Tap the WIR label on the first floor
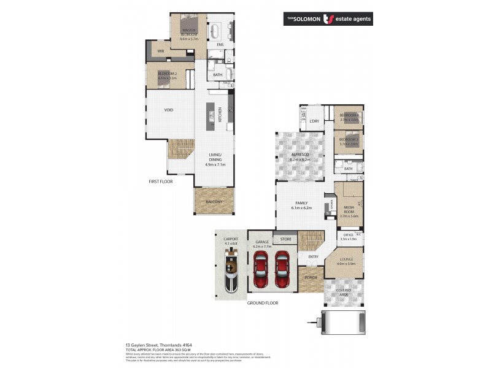[160, 52]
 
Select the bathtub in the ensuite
[216, 31]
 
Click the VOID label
[168, 110]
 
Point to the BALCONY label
[214, 202]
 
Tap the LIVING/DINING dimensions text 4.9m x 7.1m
[215, 164]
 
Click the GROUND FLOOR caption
[263, 303]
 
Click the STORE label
[285, 239]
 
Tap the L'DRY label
[315, 121]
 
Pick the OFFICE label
[347, 234]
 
